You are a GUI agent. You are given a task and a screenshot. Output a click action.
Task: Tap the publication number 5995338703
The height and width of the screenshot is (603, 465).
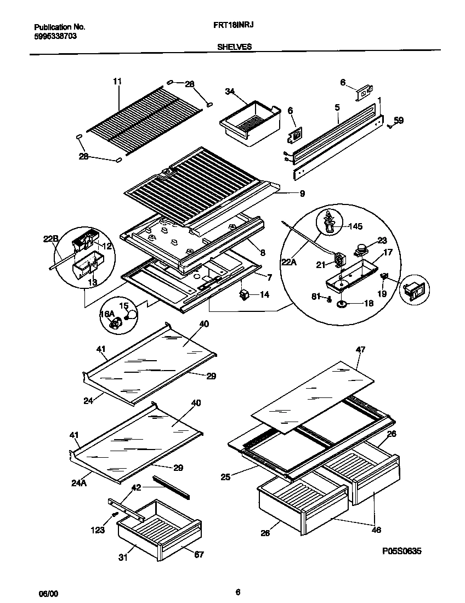point(55,36)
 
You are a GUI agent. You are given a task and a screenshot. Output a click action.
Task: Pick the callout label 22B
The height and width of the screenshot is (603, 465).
point(50,238)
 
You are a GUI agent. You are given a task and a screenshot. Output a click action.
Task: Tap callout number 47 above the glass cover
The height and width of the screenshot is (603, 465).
point(360,349)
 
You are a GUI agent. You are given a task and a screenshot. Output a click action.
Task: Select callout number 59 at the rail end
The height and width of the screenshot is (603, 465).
point(399,120)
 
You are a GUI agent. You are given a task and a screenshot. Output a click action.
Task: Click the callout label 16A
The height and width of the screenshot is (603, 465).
point(106,314)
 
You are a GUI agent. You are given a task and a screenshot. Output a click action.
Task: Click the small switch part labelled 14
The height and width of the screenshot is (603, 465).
point(243,295)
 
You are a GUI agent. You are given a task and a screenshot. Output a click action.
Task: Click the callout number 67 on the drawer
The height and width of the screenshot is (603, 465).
point(199,554)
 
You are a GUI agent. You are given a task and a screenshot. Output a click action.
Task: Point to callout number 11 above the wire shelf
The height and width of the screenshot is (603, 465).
point(117,81)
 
